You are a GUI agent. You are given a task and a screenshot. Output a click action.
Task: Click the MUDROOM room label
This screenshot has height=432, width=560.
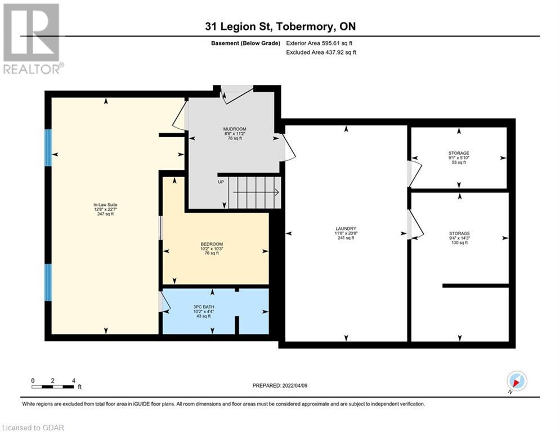[235, 129]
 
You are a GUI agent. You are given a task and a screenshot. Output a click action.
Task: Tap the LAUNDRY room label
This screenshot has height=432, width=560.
[346, 228]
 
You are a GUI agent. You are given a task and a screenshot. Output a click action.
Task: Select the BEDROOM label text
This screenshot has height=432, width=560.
[212, 244]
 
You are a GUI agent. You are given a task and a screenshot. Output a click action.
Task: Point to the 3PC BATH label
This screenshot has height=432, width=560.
[204, 307]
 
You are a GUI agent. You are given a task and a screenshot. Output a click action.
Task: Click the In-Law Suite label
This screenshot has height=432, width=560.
[105, 205]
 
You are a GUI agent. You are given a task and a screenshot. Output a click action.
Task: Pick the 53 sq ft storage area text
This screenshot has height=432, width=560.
[459, 163]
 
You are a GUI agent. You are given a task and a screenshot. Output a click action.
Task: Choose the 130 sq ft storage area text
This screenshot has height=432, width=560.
[460, 243]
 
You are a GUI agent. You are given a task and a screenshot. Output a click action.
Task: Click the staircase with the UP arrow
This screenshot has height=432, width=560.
[254, 192]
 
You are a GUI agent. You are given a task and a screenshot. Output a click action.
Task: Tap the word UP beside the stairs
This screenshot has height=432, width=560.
[221, 182]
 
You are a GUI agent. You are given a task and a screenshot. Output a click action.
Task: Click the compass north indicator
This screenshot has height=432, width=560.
[517, 381]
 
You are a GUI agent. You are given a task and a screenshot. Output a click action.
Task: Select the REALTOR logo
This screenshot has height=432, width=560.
[32, 39]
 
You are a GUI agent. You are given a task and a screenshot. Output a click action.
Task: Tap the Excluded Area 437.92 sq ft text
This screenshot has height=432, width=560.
[321, 52]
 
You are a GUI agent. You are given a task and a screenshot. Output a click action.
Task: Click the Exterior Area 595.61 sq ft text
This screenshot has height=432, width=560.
[319, 43]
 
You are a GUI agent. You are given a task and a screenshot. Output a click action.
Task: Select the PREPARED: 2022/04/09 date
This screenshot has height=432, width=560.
[280, 385]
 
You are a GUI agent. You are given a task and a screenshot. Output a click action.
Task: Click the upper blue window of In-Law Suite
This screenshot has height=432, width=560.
[48, 147]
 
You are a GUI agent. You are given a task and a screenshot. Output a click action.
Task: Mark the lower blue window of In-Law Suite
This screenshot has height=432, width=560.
[48, 282]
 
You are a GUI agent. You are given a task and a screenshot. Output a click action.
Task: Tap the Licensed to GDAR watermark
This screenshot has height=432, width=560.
[33, 427]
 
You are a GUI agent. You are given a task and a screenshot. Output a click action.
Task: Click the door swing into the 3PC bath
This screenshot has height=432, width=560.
[164, 302]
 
